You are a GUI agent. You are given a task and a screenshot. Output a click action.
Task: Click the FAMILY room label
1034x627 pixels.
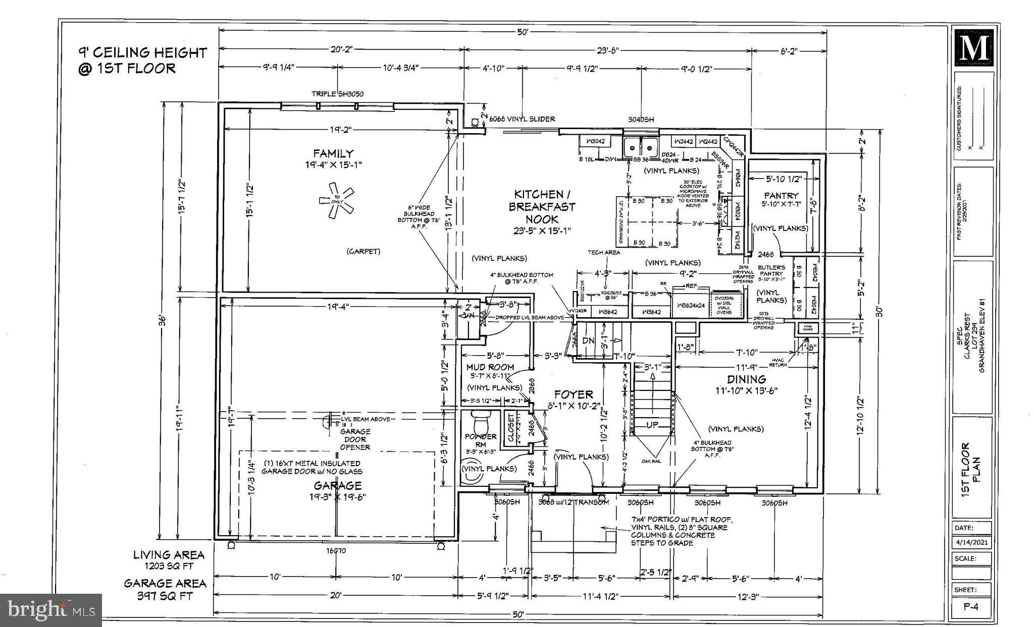(333, 153)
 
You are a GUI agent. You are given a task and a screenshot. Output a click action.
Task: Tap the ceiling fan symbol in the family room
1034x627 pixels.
(336, 201)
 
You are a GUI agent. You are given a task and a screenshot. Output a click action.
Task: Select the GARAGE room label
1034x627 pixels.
(337, 485)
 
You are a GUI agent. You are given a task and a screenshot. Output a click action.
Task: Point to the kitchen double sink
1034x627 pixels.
(640, 148)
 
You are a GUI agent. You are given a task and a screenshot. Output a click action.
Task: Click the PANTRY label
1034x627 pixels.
(781, 195)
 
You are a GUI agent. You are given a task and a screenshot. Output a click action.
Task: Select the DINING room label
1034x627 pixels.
(746, 379)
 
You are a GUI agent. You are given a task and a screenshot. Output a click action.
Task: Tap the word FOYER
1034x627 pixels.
(574, 394)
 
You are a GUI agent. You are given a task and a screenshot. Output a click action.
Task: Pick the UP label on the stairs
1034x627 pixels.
(652, 425)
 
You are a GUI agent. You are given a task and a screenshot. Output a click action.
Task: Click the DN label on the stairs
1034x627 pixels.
(588, 340)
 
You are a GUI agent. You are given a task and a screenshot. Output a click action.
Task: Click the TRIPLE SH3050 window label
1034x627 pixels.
(337, 94)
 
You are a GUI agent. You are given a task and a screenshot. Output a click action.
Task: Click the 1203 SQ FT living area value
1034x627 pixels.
(169, 565)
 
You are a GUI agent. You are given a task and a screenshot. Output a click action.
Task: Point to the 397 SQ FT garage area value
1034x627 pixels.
(165, 596)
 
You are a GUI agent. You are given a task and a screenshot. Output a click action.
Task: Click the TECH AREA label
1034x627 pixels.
(604, 252)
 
